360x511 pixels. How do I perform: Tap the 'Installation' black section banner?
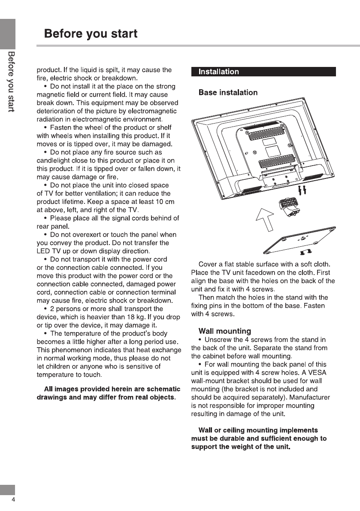(218, 72)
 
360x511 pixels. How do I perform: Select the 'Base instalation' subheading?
(228, 93)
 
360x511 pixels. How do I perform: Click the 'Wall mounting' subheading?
(224, 331)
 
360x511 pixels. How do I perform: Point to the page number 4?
(13, 500)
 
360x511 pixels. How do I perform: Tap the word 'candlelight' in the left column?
(54, 161)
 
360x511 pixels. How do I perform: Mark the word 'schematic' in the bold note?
(161, 389)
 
